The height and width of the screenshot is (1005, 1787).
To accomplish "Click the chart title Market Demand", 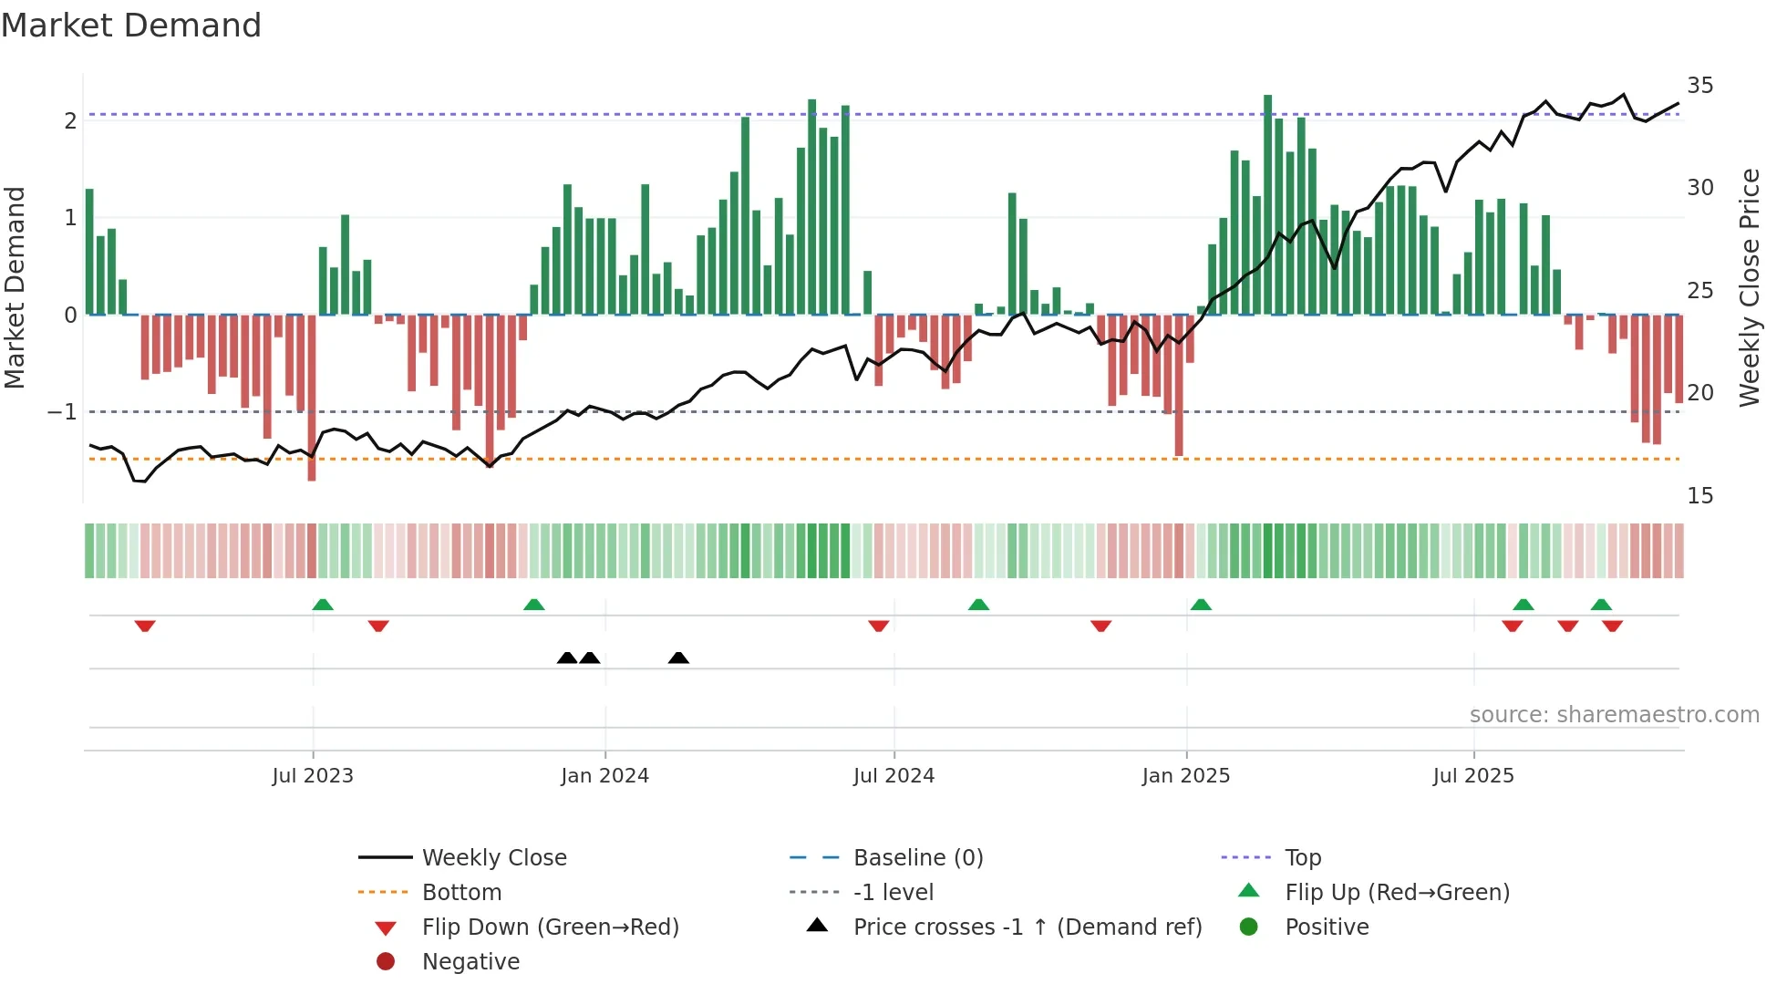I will pos(131,26).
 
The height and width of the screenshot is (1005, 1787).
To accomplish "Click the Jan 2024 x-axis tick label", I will pos(604,776).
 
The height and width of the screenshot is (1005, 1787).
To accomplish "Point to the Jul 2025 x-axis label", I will pos(1472,776).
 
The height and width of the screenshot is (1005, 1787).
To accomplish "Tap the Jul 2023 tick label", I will pos(312,776).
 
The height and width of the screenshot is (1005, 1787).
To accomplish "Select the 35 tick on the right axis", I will pos(1699,86).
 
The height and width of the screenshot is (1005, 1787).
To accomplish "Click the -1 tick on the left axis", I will pos(62,412).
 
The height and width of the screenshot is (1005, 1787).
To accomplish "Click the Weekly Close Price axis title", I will pos(1749,287).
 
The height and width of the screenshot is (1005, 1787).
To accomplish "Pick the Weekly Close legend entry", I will pos(493,858).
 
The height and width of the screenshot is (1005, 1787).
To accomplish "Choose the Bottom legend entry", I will pos(461,893).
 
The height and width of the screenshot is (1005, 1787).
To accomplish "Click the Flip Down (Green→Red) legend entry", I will pos(550,927).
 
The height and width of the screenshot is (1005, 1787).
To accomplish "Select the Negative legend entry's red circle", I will pos(386,962).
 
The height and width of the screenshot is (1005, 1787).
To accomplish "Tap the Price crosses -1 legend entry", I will pos(1027,927).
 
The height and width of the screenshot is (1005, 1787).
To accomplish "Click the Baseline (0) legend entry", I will pos(917,858).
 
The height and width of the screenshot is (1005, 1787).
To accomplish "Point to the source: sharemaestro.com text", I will pos(1614,715).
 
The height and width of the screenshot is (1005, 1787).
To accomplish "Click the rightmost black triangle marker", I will pos(678,658).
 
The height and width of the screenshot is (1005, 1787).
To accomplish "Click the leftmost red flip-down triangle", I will pos(145,626).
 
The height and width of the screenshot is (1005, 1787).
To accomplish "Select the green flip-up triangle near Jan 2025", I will pos(1201,605).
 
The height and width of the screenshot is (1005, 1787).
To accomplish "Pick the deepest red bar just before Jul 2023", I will pos(312,398).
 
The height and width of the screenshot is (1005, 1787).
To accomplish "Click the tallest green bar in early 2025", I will pos(1267,205).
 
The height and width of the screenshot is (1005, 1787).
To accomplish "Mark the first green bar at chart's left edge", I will pos(89,252).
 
